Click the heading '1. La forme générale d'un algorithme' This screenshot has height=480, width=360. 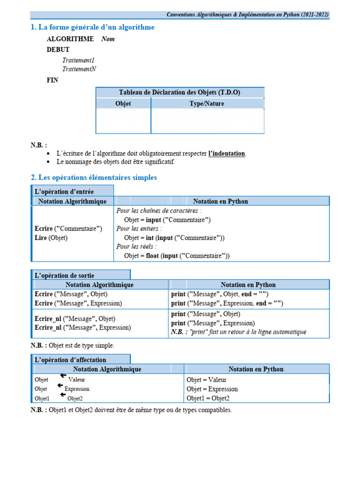(x=92, y=28)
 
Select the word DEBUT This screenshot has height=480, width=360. (x=58, y=50)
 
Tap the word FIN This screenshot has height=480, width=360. (x=52, y=80)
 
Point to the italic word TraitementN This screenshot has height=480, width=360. (x=79, y=69)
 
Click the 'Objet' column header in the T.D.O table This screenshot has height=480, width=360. (x=123, y=104)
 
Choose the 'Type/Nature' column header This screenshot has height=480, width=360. (x=207, y=104)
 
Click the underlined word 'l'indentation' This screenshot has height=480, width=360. (x=226, y=154)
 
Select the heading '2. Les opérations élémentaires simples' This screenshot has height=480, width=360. (x=94, y=178)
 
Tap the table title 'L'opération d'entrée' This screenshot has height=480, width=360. (x=64, y=192)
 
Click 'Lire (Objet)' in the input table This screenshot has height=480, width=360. (x=51, y=238)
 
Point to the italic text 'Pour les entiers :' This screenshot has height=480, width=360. (x=139, y=229)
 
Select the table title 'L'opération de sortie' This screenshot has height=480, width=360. (x=64, y=276)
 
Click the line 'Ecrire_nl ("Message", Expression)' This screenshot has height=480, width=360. (x=83, y=328)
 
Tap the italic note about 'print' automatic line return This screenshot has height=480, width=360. (x=239, y=332)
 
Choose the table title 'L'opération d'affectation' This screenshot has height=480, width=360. (x=70, y=360)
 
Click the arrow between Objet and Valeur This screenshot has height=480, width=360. (x=63, y=376)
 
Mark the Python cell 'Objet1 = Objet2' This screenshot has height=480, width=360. (x=208, y=398)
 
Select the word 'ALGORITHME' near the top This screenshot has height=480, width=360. (x=70, y=39)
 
